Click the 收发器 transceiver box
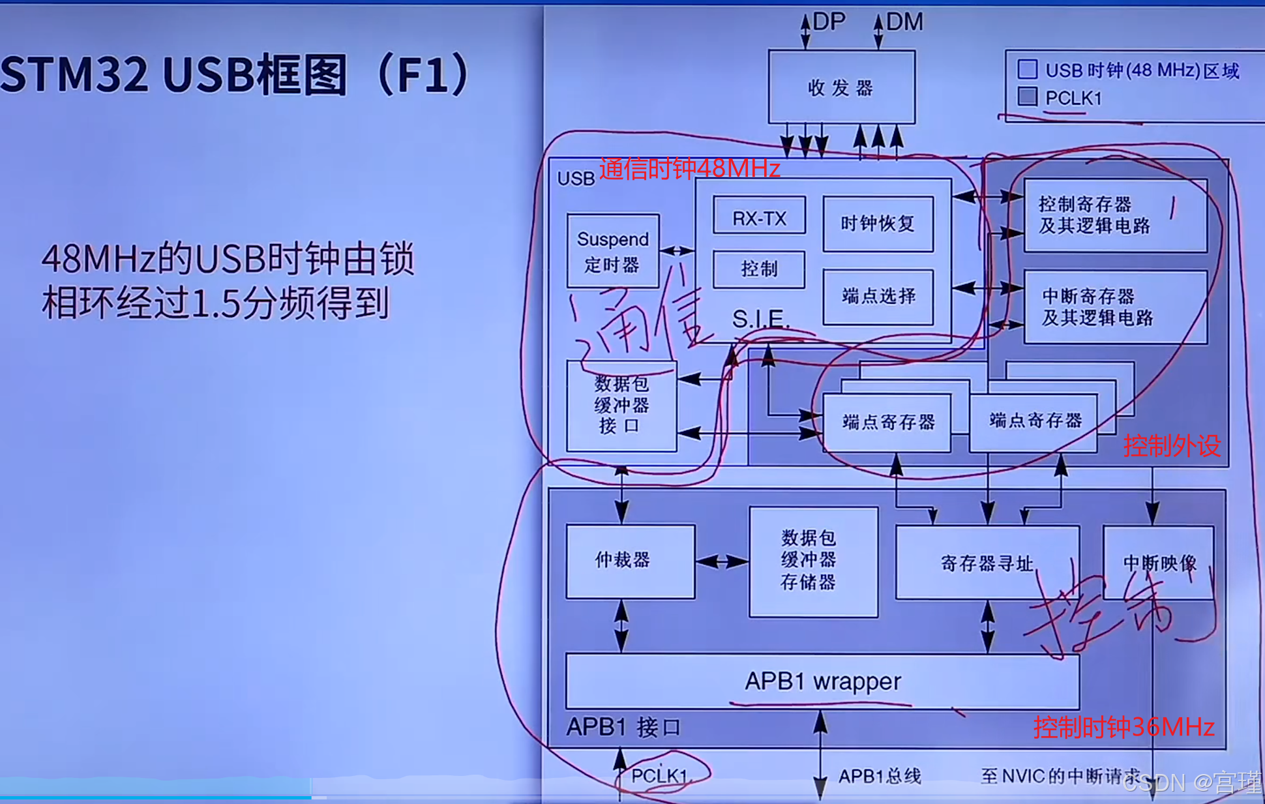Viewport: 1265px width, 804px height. tap(841, 87)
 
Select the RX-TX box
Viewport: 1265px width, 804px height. tap(759, 217)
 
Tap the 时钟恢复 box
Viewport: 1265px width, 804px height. tap(878, 224)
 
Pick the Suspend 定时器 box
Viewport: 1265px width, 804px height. tap(612, 251)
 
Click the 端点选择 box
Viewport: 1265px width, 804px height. tap(878, 297)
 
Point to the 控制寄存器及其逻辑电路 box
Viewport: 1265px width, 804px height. tap(1114, 215)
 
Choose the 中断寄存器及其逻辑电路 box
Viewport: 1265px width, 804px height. tap(1114, 307)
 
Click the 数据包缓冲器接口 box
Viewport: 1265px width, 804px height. tap(621, 405)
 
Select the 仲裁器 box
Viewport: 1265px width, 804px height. tap(629, 561)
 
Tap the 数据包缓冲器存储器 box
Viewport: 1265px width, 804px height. tap(812, 561)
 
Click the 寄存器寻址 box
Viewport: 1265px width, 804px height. tap(986, 562)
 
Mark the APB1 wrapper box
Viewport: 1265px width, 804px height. tap(822, 681)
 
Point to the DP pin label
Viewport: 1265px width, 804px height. tap(829, 22)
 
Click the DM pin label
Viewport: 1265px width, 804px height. tap(904, 22)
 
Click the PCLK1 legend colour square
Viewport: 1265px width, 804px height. tap(1028, 97)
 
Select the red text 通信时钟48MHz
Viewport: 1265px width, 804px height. tap(689, 169)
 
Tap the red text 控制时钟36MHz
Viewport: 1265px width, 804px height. tap(1123, 727)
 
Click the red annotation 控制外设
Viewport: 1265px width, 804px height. tap(1171, 446)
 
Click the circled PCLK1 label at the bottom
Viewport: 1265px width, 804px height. tap(659, 775)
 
